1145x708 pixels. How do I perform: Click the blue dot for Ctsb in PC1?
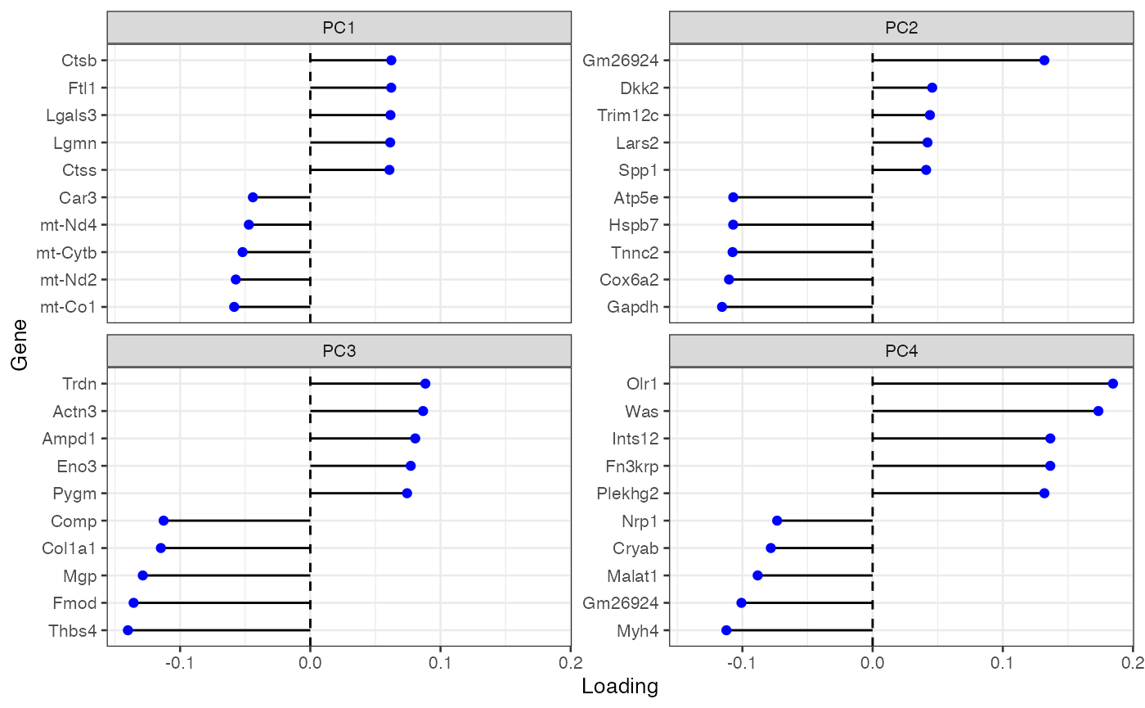coord(391,60)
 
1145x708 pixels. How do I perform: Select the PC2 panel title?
coord(901,28)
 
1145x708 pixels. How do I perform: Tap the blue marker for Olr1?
coord(1112,383)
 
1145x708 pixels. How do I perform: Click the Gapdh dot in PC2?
coord(721,307)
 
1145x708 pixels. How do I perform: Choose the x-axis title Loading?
coord(620,687)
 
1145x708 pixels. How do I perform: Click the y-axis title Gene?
coord(21,345)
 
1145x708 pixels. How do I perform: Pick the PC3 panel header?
coord(339,351)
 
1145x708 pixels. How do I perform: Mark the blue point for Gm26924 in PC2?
coord(1044,60)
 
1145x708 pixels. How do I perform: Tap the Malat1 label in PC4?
coord(633,575)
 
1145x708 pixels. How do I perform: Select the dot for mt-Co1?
coord(234,307)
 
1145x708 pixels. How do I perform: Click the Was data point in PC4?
coord(1098,411)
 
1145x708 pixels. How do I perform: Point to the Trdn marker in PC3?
coord(424,383)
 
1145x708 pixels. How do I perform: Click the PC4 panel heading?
coord(901,351)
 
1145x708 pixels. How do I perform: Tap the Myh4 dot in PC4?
coord(725,630)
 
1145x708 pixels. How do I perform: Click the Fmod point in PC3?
coord(133,603)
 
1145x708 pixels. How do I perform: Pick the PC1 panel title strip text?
coord(339,28)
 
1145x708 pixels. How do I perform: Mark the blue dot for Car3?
coord(253,197)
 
